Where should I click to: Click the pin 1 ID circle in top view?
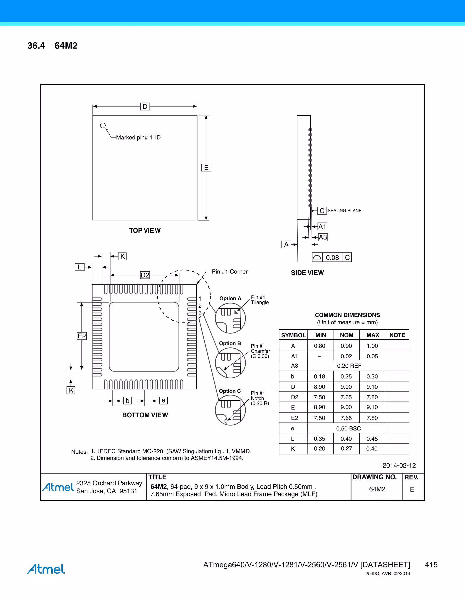click(x=103, y=125)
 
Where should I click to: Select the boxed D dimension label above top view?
click(x=145, y=107)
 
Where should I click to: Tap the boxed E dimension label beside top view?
click(x=206, y=168)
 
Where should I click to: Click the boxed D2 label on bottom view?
click(x=145, y=275)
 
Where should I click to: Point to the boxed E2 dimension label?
click(x=82, y=336)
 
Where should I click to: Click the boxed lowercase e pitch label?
click(x=163, y=400)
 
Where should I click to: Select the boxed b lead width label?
click(x=127, y=401)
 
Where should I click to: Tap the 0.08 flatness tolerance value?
click(x=332, y=258)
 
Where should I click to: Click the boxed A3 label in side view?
click(x=323, y=237)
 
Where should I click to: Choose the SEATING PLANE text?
click(x=344, y=210)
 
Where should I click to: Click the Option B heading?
click(x=230, y=343)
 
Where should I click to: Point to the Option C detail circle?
click(x=230, y=410)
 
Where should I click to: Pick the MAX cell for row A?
click(x=372, y=346)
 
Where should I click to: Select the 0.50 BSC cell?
click(x=349, y=428)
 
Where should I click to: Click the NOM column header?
click(x=346, y=335)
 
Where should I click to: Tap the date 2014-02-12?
click(x=399, y=465)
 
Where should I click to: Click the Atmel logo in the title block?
click(x=58, y=487)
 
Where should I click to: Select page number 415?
click(x=431, y=565)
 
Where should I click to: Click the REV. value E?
click(x=412, y=489)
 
